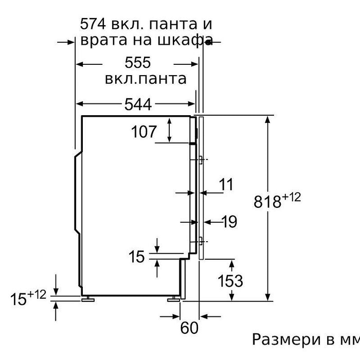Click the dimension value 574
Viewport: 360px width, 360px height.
click(93, 24)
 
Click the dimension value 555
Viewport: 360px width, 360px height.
click(138, 62)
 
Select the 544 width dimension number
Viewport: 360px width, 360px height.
click(138, 104)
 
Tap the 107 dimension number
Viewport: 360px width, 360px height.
click(144, 132)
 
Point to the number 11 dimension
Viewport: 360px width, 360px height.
click(226, 184)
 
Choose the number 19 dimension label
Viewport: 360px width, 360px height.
click(229, 222)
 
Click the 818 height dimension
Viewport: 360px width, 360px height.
click(267, 202)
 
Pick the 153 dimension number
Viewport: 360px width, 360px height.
click(230, 281)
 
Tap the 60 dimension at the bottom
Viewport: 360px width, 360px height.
click(189, 328)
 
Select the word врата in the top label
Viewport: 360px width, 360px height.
click(103, 40)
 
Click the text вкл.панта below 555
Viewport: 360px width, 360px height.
click(146, 79)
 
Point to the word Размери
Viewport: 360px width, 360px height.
click(286, 339)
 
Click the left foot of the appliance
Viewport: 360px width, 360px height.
click(88, 299)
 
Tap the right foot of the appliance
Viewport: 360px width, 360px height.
click(174, 299)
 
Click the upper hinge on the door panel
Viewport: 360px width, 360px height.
click(201, 160)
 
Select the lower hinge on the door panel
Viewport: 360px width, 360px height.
click(201, 241)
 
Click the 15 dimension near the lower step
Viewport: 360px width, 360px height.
click(137, 257)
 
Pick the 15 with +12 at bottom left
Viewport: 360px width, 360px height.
click(28, 297)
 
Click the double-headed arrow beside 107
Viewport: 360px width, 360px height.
click(169, 130)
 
